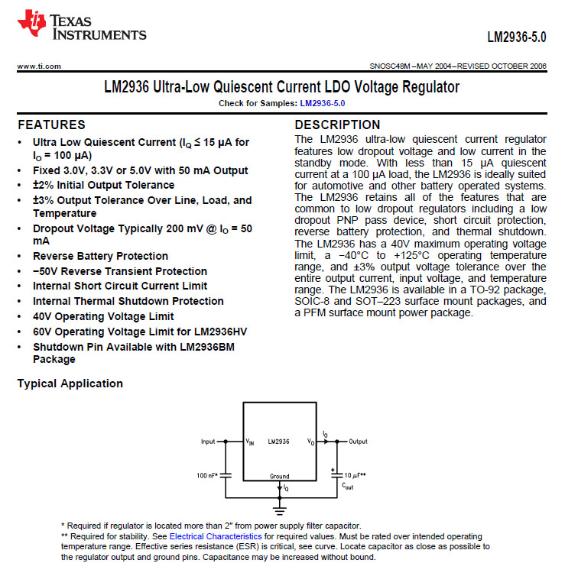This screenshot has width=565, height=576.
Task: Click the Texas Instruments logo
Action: click(x=81, y=25)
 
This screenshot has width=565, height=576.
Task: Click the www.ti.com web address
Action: click(x=39, y=66)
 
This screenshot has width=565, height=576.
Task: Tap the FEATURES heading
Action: click(x=51, y=125)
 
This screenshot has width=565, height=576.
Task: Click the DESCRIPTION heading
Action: click(x=337, y=125)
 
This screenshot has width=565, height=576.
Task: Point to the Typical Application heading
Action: click(x=70, y=383)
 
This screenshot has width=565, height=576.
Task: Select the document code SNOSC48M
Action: click(x=391, y=66)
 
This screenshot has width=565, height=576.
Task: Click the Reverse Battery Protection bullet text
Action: click(x=100, y=256)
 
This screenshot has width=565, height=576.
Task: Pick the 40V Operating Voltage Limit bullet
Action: click(x=103, y=316)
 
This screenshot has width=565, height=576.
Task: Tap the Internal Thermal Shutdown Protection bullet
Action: click(x=128, y=301)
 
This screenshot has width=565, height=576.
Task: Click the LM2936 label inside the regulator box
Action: click(x=278, y=442)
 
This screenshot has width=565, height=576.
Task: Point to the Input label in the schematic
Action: click(x=208, y=442)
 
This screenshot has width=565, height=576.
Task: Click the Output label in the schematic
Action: click(x=358, y=442)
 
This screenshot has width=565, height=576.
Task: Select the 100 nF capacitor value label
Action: click(x=207, y=475)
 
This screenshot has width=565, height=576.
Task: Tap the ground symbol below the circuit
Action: click(x=280, y=506)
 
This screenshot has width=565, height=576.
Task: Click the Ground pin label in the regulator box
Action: click(x=279, y=476)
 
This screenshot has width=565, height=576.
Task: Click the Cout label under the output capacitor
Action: click(x=348, y=485)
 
